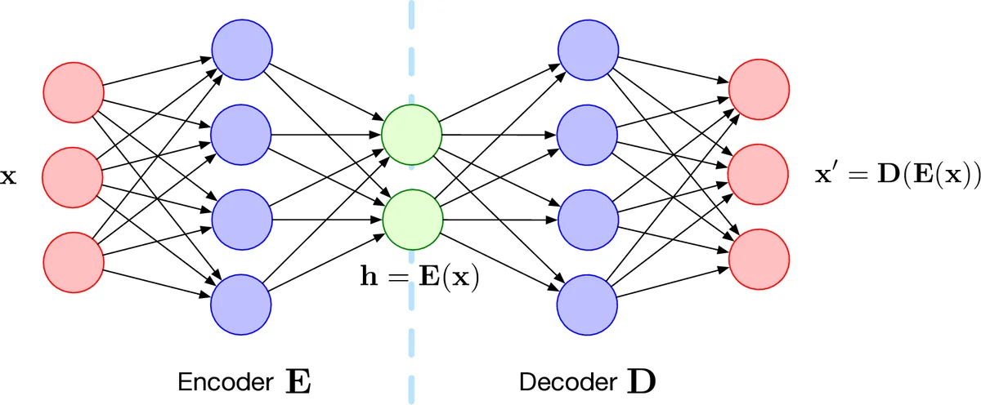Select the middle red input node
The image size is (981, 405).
click(x=73, y=174)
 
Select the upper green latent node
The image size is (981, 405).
click(x=412, y=133)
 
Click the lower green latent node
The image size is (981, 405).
click(x=412, y=217)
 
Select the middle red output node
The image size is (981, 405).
click(x=759, y=174)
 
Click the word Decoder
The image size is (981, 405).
click(x=569, y=382)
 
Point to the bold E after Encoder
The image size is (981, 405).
click(x=298, y=381)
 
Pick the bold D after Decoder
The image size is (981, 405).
click(x=640, y=381)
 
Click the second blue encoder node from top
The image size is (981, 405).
click(x=241, y=133)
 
